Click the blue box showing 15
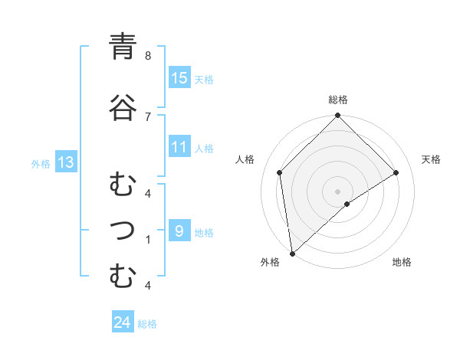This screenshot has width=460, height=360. point(179,78)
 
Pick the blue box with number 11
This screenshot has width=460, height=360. point(179,148)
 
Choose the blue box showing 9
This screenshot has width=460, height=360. point(179,231)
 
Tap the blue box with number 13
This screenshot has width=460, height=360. point(65,162)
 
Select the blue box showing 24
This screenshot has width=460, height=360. point(122,323)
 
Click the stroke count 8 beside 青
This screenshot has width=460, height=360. point(148,56)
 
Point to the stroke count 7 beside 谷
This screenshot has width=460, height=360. point(148,116)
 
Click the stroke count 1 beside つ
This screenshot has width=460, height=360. point(148,240)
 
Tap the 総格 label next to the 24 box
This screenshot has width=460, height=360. point(147,324)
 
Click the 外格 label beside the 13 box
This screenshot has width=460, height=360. point(41,163)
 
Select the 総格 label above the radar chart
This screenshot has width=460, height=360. point(338,100)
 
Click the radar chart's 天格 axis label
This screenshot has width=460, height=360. point(432,159)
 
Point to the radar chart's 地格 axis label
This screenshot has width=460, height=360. point(402,262)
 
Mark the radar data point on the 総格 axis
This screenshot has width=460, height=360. point(338,116)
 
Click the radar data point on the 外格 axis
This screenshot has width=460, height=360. point(292,254)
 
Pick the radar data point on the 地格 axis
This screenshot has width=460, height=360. point(347,204)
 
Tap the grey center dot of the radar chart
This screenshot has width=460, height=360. point(338,191)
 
